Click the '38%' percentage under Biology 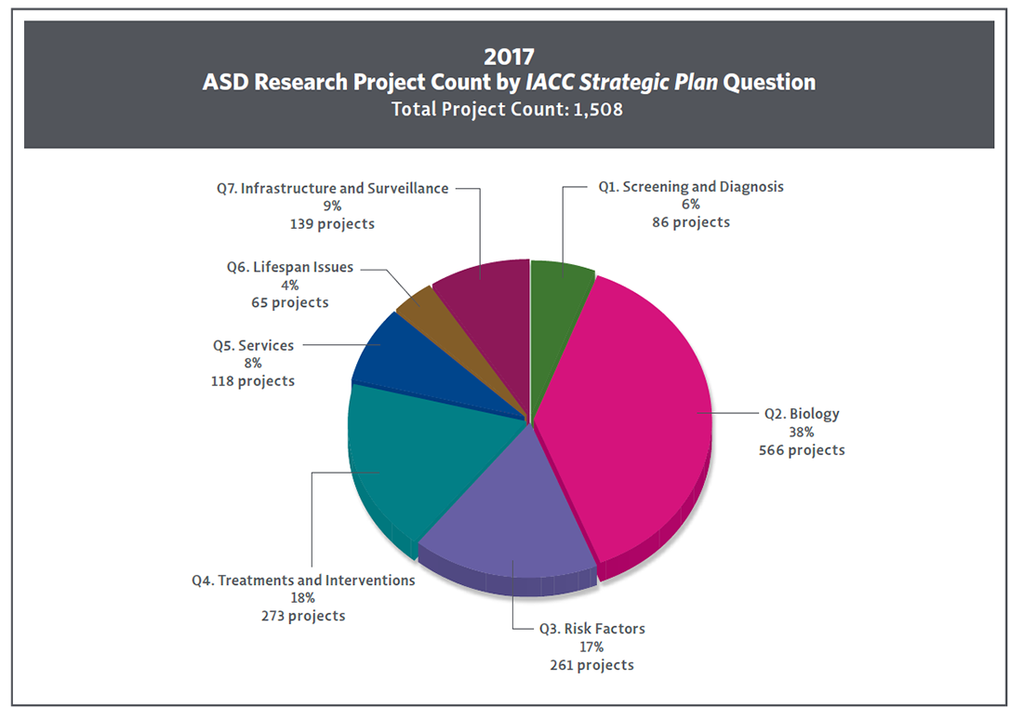click(802, 432)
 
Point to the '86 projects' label click(689, 222)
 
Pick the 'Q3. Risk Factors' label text click(591, 629)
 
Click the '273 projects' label click(303, 616)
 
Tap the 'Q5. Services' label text click(253, 345)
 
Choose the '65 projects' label click(289, 302)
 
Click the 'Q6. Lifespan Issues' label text click(290, 267)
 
